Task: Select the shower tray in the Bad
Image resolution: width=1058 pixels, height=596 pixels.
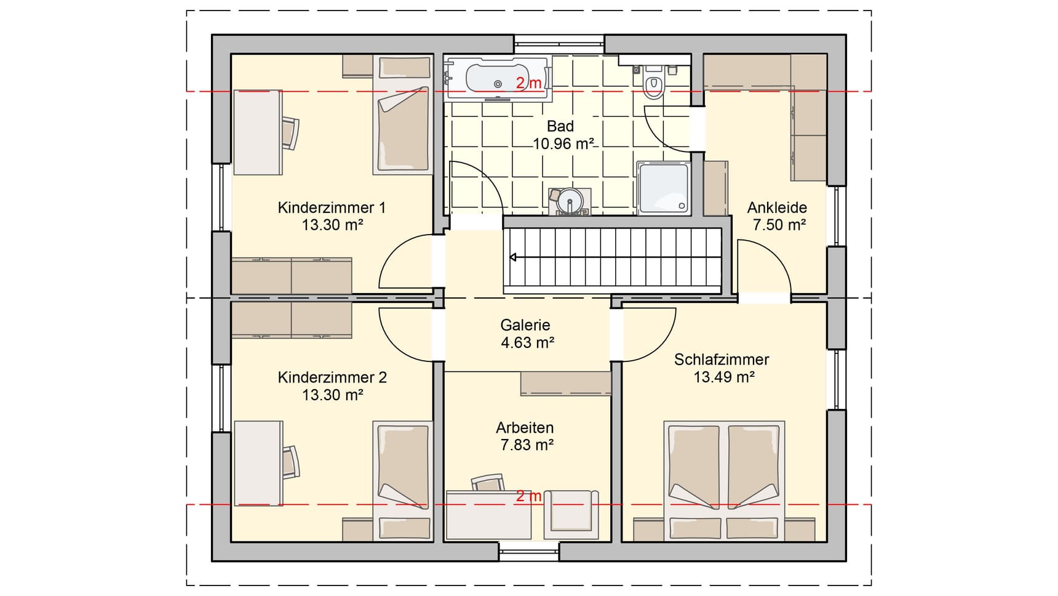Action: click(x=663, y=188)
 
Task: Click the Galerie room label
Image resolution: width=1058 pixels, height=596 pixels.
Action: click(x=525, y=325)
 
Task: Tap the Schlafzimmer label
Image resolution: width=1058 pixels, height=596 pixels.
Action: click(x=722, y=360)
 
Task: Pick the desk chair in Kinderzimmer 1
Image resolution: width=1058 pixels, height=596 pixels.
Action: click(x=291, y=132)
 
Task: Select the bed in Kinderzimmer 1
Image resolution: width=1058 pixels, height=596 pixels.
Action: click(x=403, y=117)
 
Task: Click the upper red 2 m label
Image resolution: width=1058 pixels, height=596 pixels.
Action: click(x=528, y=83)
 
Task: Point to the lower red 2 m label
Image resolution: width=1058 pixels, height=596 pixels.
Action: click(x=528, y=496)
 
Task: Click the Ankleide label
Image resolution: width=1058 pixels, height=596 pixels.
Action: click(x=777, y=207)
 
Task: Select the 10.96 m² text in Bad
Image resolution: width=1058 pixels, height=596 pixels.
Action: click(x=563, y=144)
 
